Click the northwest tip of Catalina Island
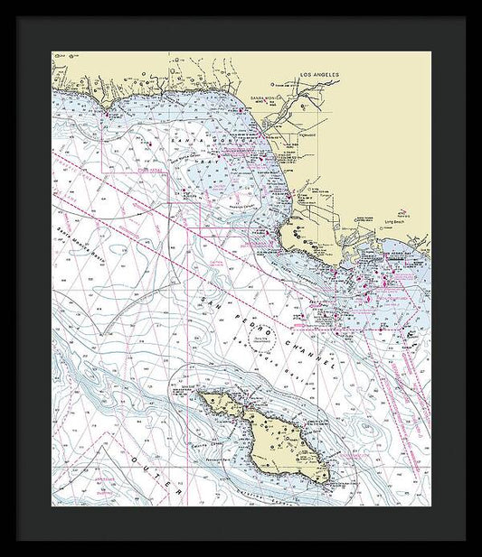(202, 395)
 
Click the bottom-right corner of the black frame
(465, 540)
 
